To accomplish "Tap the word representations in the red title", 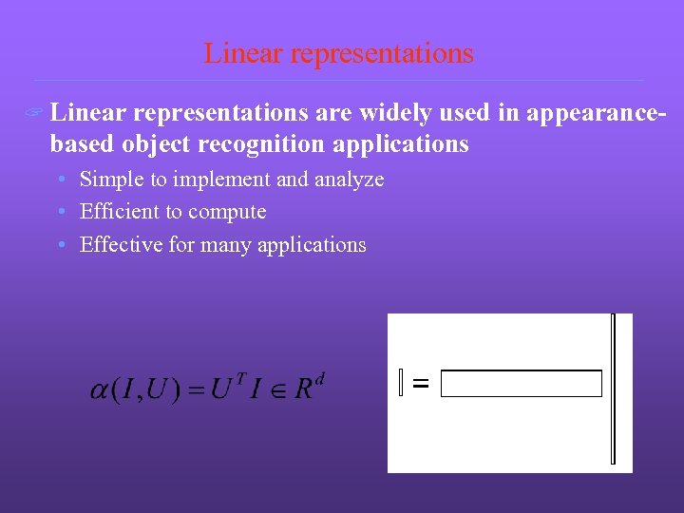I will tap(382, 54).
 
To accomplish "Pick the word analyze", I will tap(349, 180).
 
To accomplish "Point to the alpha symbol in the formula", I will tap(99, 390).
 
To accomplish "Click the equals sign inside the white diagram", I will tap(421, 384).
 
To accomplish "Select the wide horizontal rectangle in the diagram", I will tap(522, 384).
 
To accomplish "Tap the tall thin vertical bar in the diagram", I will tap(614, 389).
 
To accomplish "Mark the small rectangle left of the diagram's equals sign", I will tap(402, 383).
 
